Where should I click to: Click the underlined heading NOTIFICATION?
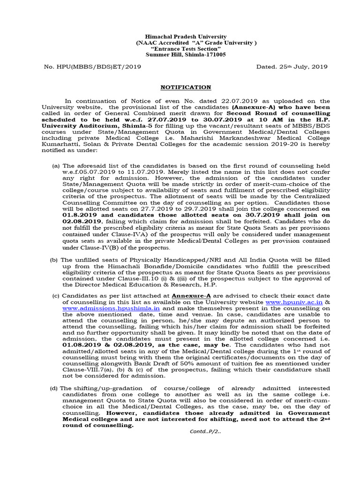(x=180, y=87)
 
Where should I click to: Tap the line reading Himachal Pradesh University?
(x=179, y=37)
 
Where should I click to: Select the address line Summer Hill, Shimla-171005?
(x=179, y=54)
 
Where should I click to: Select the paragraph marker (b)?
(x=54, y=260)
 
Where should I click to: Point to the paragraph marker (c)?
(x=56, y=297)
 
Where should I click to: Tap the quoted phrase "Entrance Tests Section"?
(x=179, y=49)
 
